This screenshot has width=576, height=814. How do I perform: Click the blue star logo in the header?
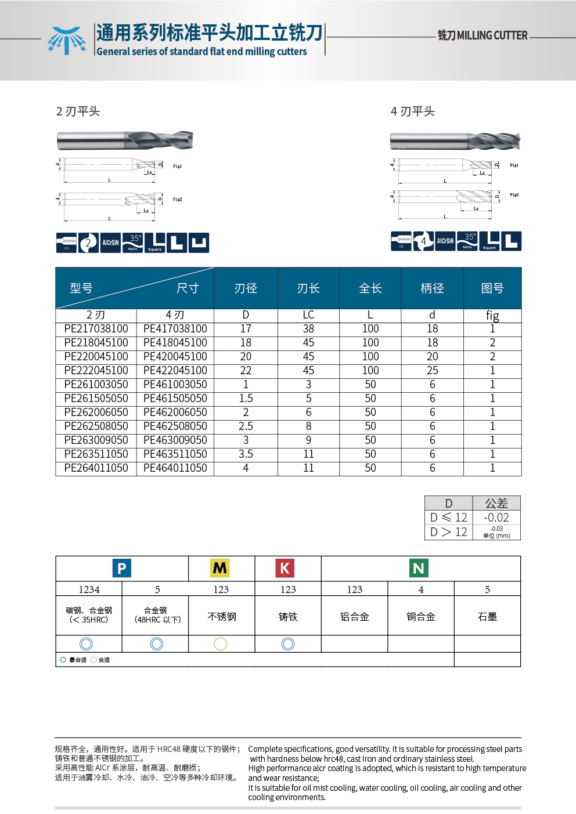67,41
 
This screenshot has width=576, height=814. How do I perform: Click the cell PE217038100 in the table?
96,329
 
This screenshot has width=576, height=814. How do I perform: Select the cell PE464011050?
175,468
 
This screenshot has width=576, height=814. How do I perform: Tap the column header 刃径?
246,288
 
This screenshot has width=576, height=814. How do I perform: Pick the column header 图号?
492,288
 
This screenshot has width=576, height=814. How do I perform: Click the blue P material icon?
122,568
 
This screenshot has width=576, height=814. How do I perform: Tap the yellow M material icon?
220,568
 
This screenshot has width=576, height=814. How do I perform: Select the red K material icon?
285,568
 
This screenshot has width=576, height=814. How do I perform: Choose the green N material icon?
419,568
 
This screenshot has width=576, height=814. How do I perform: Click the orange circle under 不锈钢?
221,643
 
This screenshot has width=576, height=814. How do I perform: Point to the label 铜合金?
421,617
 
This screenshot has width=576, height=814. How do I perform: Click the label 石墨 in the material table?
487,617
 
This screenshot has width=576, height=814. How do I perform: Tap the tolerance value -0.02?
496,518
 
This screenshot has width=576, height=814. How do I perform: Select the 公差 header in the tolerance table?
496,503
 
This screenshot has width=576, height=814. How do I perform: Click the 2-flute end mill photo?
125,140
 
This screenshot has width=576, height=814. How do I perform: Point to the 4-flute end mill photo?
455,141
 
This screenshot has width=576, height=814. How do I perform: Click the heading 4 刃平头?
413,111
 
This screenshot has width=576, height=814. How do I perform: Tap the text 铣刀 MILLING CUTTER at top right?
483,35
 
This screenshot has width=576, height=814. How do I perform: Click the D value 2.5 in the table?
246,426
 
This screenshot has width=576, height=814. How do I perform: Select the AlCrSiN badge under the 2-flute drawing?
110,243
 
